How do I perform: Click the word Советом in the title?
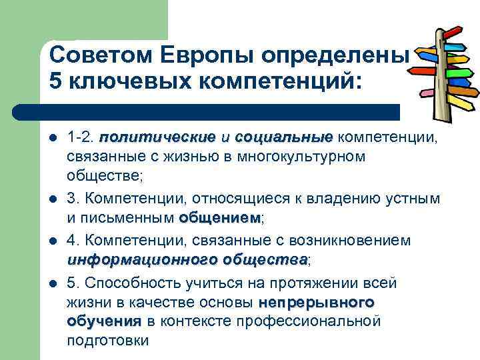96,54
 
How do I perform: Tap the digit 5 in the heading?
56,81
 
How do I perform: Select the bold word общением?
219,217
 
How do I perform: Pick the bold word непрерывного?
316,302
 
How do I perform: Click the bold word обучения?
103,321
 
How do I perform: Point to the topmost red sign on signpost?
453,32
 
